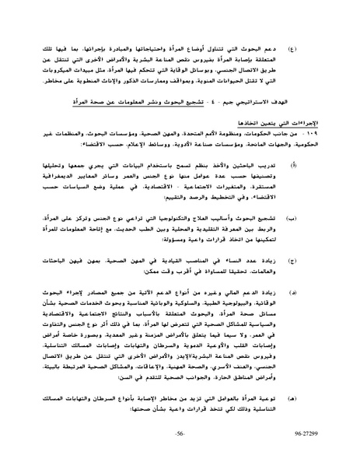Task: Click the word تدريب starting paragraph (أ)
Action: coord(294,185)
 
